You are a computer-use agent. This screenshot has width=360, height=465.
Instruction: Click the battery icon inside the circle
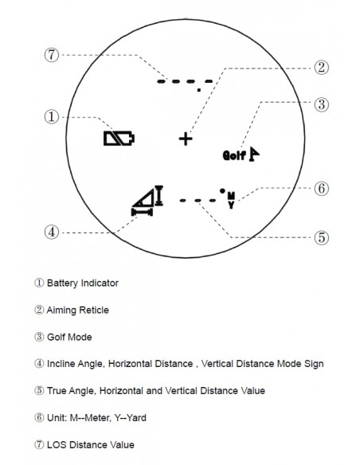tap(119, 139)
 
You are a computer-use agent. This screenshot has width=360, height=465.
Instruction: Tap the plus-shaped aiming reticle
tap(186, 139)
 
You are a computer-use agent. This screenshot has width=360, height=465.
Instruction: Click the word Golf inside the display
tap(234, 155)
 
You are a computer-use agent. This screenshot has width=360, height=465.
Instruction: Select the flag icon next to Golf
tap(254, 154)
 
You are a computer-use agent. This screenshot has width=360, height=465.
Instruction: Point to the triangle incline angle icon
tap(145, 197)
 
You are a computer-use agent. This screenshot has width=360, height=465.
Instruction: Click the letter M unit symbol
tap(231, 196)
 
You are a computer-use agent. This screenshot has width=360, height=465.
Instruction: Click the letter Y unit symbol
tap(231, 205)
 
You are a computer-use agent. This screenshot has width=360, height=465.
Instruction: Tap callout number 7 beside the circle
tap(52, 55)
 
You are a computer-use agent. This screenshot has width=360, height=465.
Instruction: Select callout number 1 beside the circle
tap(52, 117)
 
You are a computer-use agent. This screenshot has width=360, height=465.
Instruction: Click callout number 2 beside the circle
tap(322, 68)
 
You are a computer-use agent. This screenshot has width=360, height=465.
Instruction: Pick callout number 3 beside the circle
tap(322, 104)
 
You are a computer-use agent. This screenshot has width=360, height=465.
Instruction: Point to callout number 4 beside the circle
tap(52, 232)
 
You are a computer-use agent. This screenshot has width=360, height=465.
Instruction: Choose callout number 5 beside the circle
tap(322, 237)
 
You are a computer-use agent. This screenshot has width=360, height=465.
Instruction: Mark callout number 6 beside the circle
tap(322, 189)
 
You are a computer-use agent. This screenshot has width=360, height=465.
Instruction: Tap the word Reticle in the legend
tap(93, 311)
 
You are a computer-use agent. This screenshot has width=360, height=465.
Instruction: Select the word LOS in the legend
tap(57, 445)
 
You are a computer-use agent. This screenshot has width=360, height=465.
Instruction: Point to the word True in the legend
tap(57, 391)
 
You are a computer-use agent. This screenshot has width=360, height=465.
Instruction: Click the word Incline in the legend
tap(61, 364)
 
